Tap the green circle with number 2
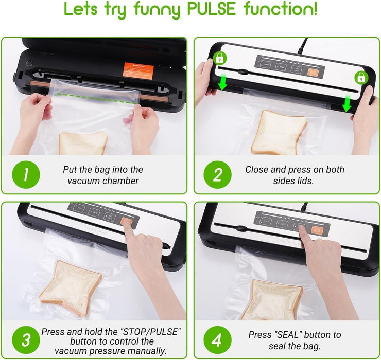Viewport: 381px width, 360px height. (217, 175)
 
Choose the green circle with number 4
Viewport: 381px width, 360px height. (217, 340)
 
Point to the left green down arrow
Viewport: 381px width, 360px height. (222, 82)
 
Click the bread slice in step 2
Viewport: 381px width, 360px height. (279, 131)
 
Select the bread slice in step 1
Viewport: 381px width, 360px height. (83, 143)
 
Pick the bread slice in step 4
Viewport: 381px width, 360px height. (271, 298)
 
